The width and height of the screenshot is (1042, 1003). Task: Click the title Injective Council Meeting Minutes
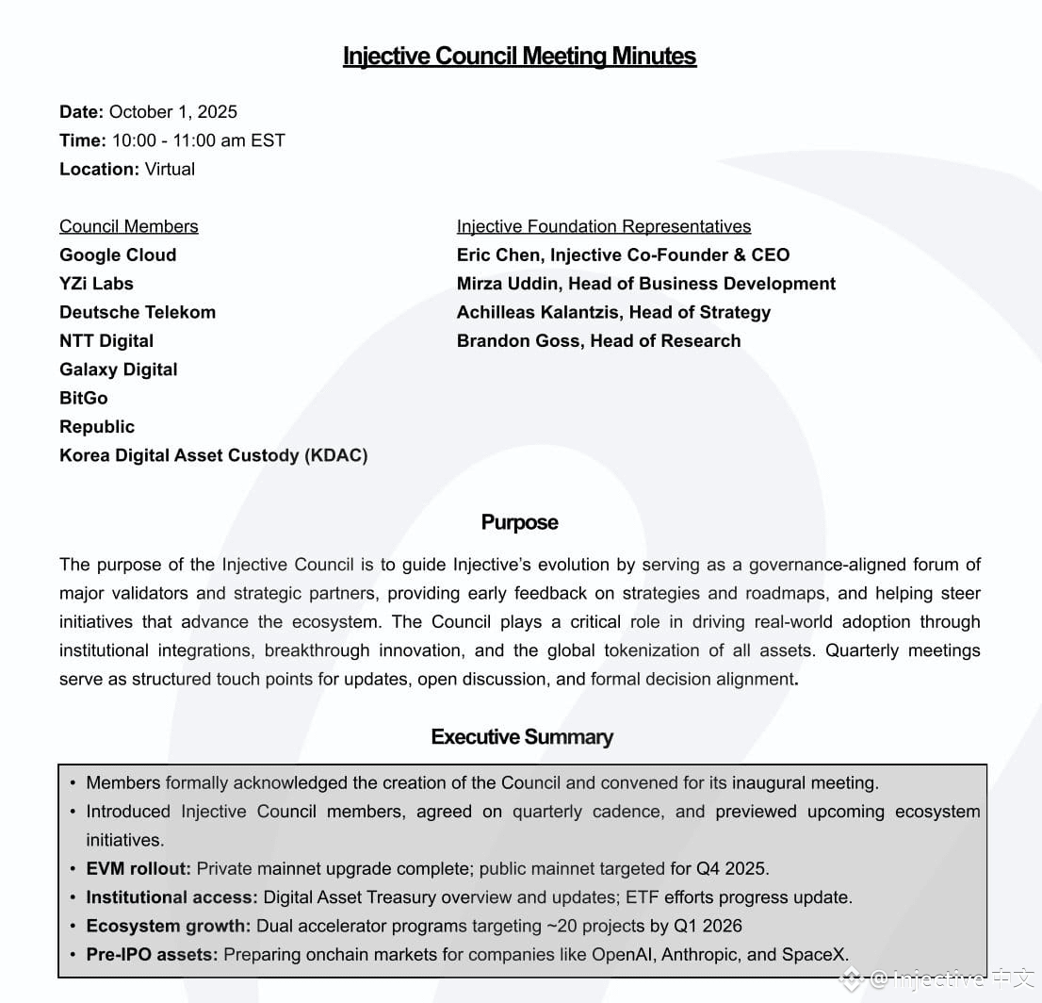[x=519, y=57]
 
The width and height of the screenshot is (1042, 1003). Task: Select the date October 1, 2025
[x=173, y=112]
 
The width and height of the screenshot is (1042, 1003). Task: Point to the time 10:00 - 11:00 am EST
[x=198, y=140]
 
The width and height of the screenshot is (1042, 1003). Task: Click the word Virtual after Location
[x=170, y=170]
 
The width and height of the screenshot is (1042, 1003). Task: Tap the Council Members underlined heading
[x=129, y=226]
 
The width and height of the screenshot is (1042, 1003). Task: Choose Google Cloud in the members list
[x=118, y=255]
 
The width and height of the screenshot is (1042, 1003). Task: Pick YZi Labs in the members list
[x=96, y=284]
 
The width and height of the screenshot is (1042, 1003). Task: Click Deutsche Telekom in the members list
[x=138, y=312]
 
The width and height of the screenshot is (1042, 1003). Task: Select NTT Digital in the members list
[x=106, y=341]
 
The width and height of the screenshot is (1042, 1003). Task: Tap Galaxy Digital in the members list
[x=119, y=370]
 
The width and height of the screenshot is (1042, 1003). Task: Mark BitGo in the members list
[x=84, y=398]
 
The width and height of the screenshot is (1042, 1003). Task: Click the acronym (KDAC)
[x=335, y=455]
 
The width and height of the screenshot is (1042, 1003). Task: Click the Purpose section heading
[x=519, y=523]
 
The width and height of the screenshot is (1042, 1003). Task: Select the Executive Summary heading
[x=522, y=737]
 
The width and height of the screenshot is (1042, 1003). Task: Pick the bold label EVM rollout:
[x=138, y=868]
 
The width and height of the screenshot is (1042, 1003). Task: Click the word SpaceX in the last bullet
[x=813, y=955]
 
